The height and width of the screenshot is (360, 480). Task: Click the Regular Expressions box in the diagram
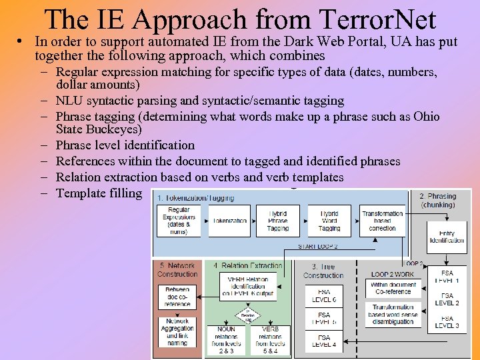coord(179,220)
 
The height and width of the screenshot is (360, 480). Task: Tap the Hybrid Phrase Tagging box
coord(278,221)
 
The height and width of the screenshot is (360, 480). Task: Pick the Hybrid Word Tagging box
coord(329,221)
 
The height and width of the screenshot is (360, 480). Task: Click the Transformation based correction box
coord(383,221)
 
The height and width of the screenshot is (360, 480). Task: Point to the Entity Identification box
coord(447,237)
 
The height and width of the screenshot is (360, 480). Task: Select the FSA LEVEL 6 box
coord(324,296)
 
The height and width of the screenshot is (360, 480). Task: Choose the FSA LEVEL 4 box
coord(324,341)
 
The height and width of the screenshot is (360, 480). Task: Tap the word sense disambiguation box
coord(394,315)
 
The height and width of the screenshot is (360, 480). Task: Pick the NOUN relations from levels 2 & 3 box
coord(226,340)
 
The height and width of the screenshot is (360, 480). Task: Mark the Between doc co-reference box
coord(177,296)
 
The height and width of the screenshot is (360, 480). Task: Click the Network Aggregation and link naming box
coord(177,332)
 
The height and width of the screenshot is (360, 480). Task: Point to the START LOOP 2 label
coord(318,246)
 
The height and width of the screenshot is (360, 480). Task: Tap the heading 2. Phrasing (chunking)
coord(438,200)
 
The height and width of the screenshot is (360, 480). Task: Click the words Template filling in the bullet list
coord(99,193)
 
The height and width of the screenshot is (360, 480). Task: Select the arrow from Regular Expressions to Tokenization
coord(203,221)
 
